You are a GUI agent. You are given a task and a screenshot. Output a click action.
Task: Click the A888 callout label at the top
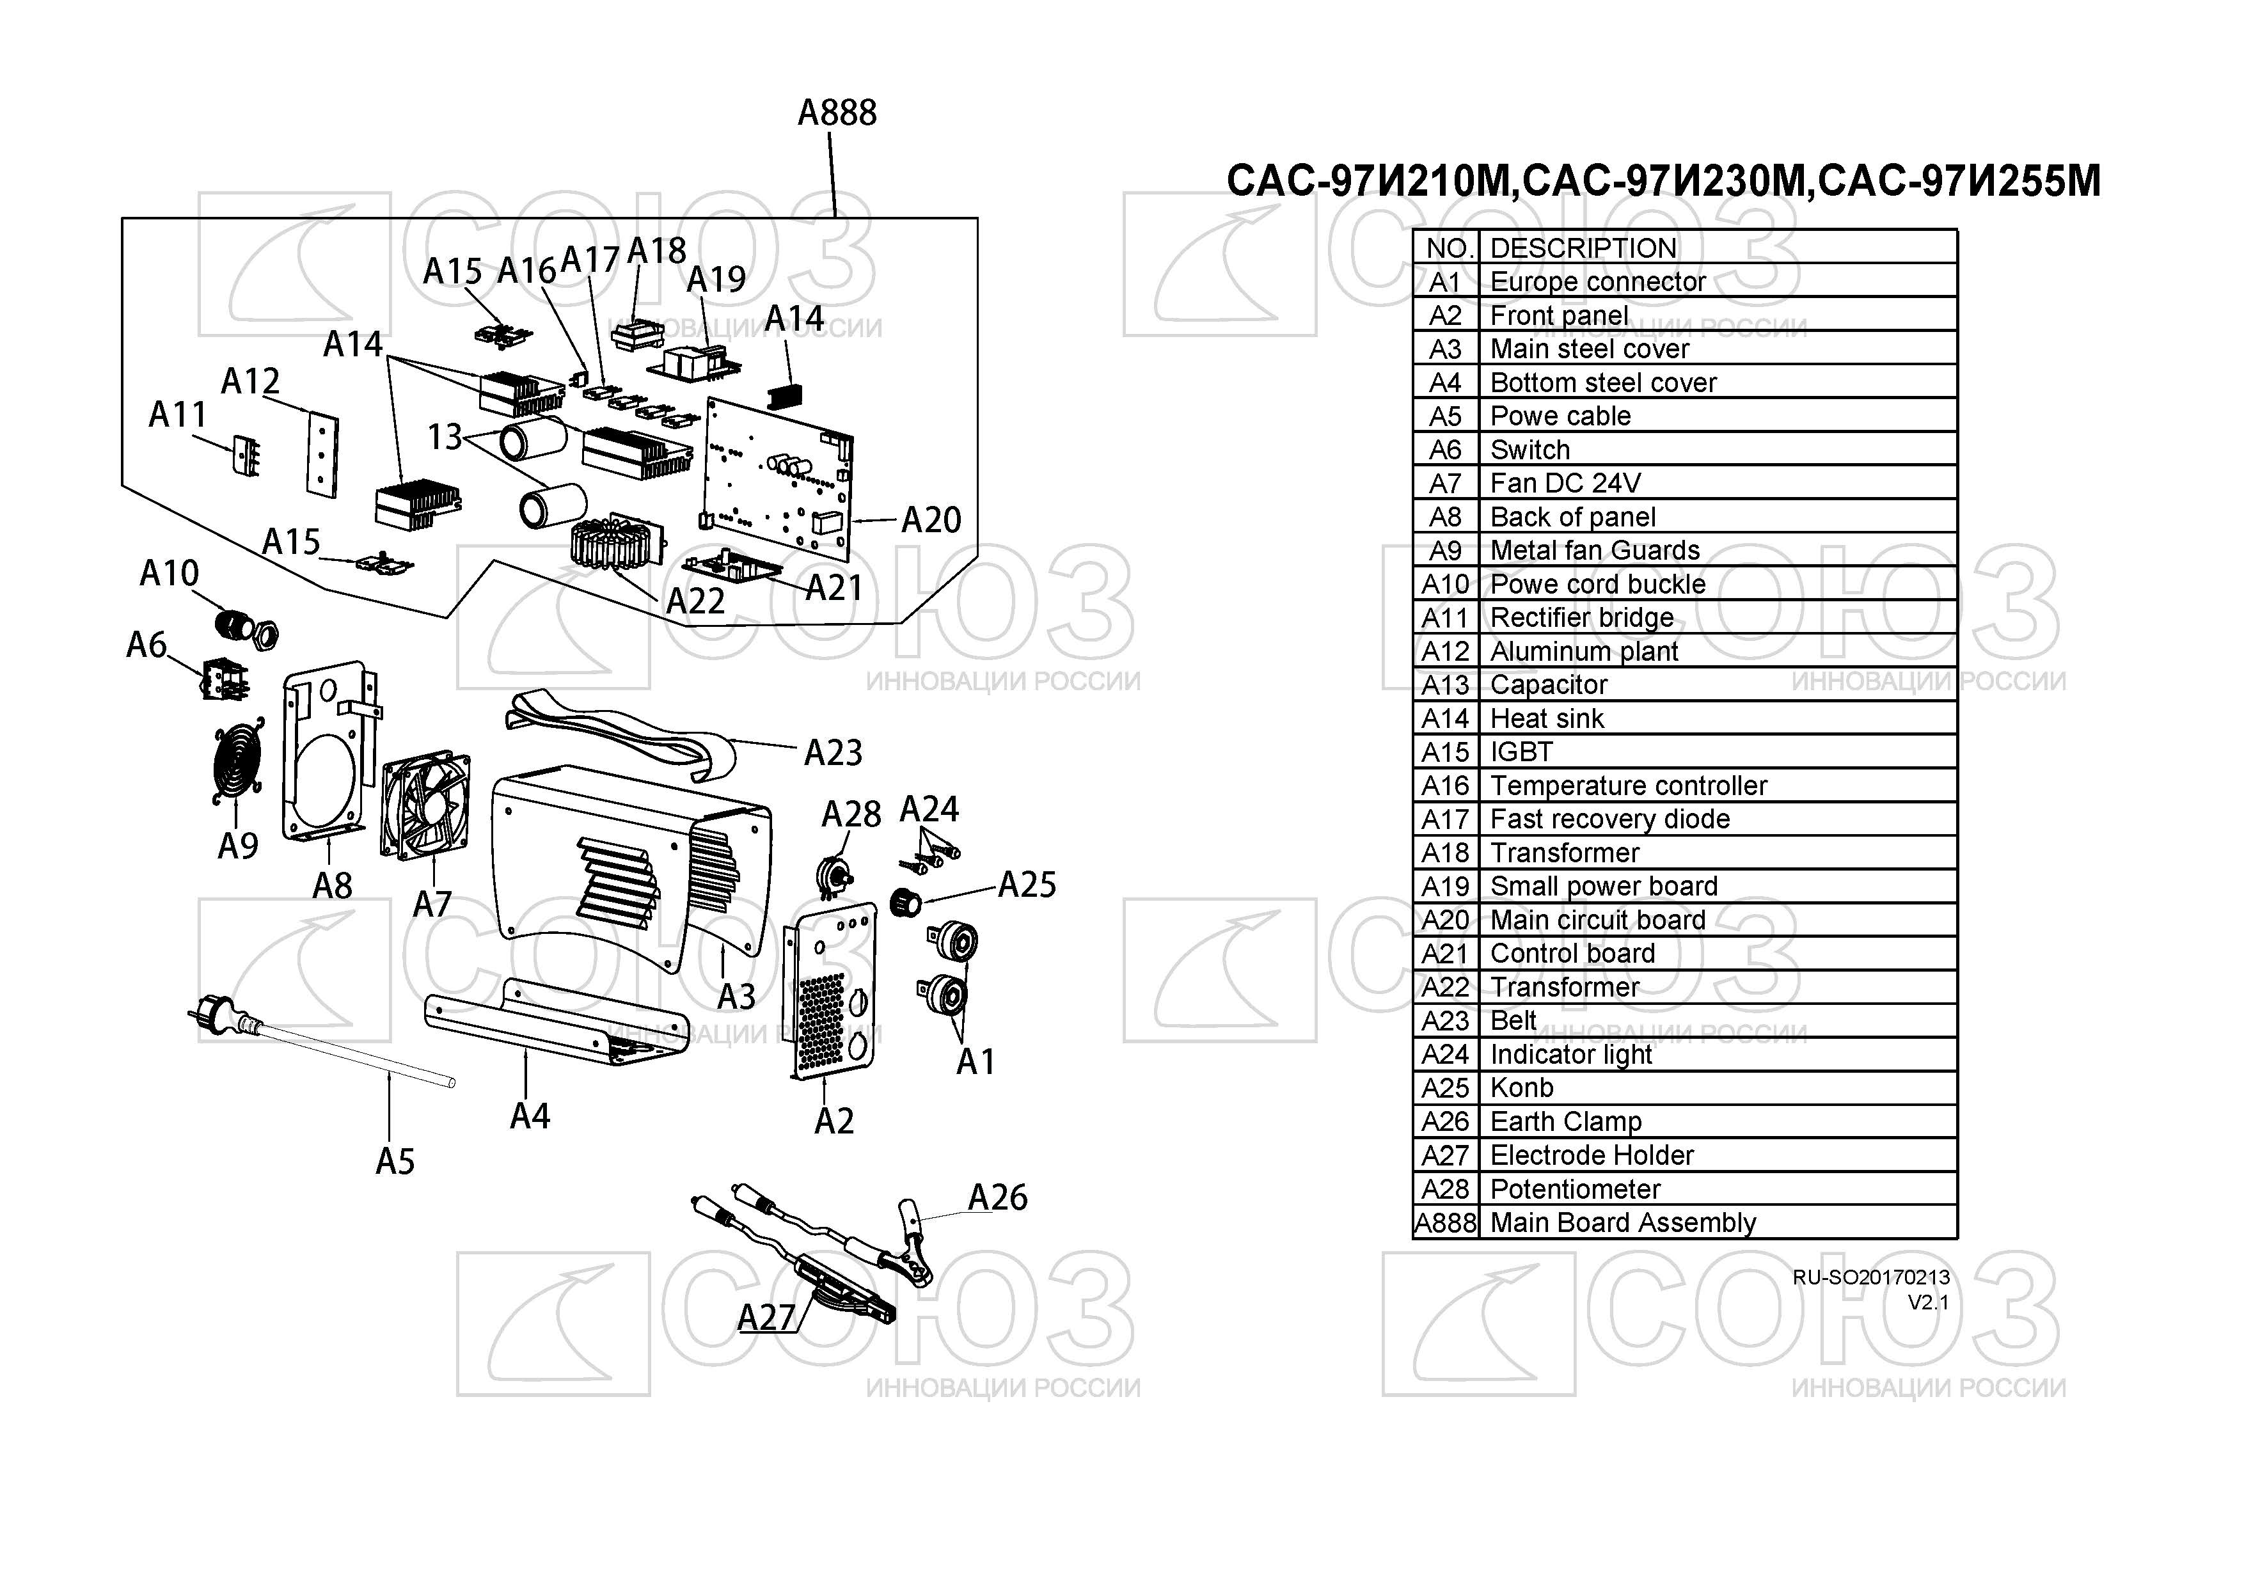click(837, 113)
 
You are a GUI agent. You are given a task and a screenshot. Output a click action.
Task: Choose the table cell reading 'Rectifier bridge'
click(1581, 619)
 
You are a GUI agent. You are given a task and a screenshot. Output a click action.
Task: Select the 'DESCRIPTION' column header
click(1583, 248)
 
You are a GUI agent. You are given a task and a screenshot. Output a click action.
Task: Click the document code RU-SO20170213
click(1870, 1277)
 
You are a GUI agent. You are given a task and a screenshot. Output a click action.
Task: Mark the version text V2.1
click(1927, 1302)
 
